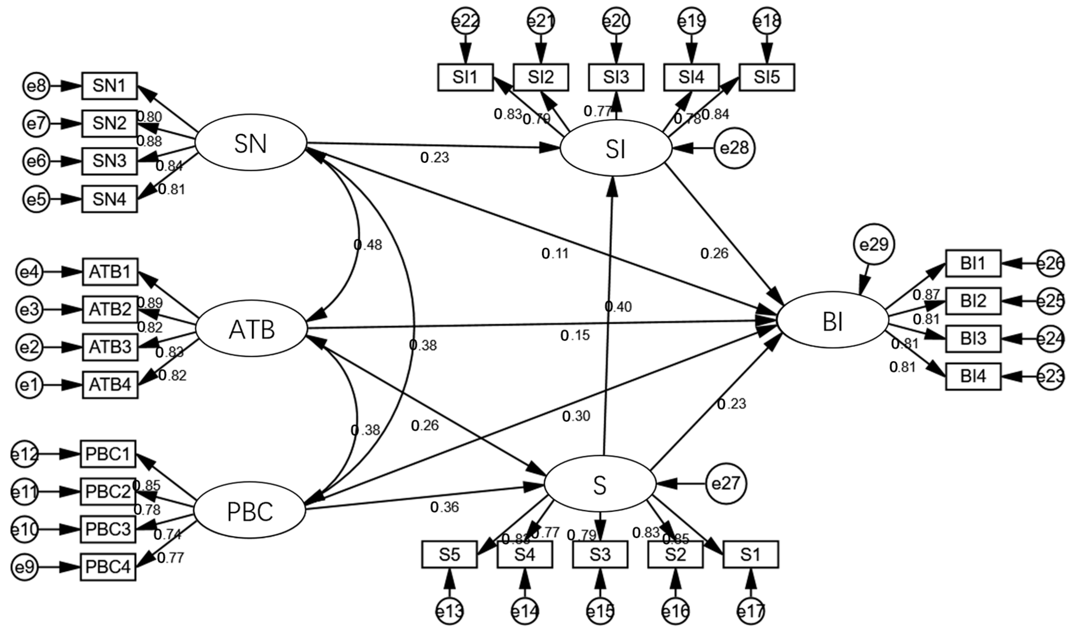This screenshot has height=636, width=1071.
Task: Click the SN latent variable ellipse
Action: (251, 143)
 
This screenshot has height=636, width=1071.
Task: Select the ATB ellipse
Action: (251, 329)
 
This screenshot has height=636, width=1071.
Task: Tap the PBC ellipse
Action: (250, 511)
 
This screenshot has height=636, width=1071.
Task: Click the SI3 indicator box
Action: (616, 77)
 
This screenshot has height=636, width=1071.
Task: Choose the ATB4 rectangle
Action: (110, 385)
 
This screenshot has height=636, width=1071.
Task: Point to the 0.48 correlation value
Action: (368, 245)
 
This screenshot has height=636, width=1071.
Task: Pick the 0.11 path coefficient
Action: (555, 254)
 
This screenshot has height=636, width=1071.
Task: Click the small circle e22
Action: (466, 21)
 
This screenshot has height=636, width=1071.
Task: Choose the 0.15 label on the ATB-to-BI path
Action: (575, 336)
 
